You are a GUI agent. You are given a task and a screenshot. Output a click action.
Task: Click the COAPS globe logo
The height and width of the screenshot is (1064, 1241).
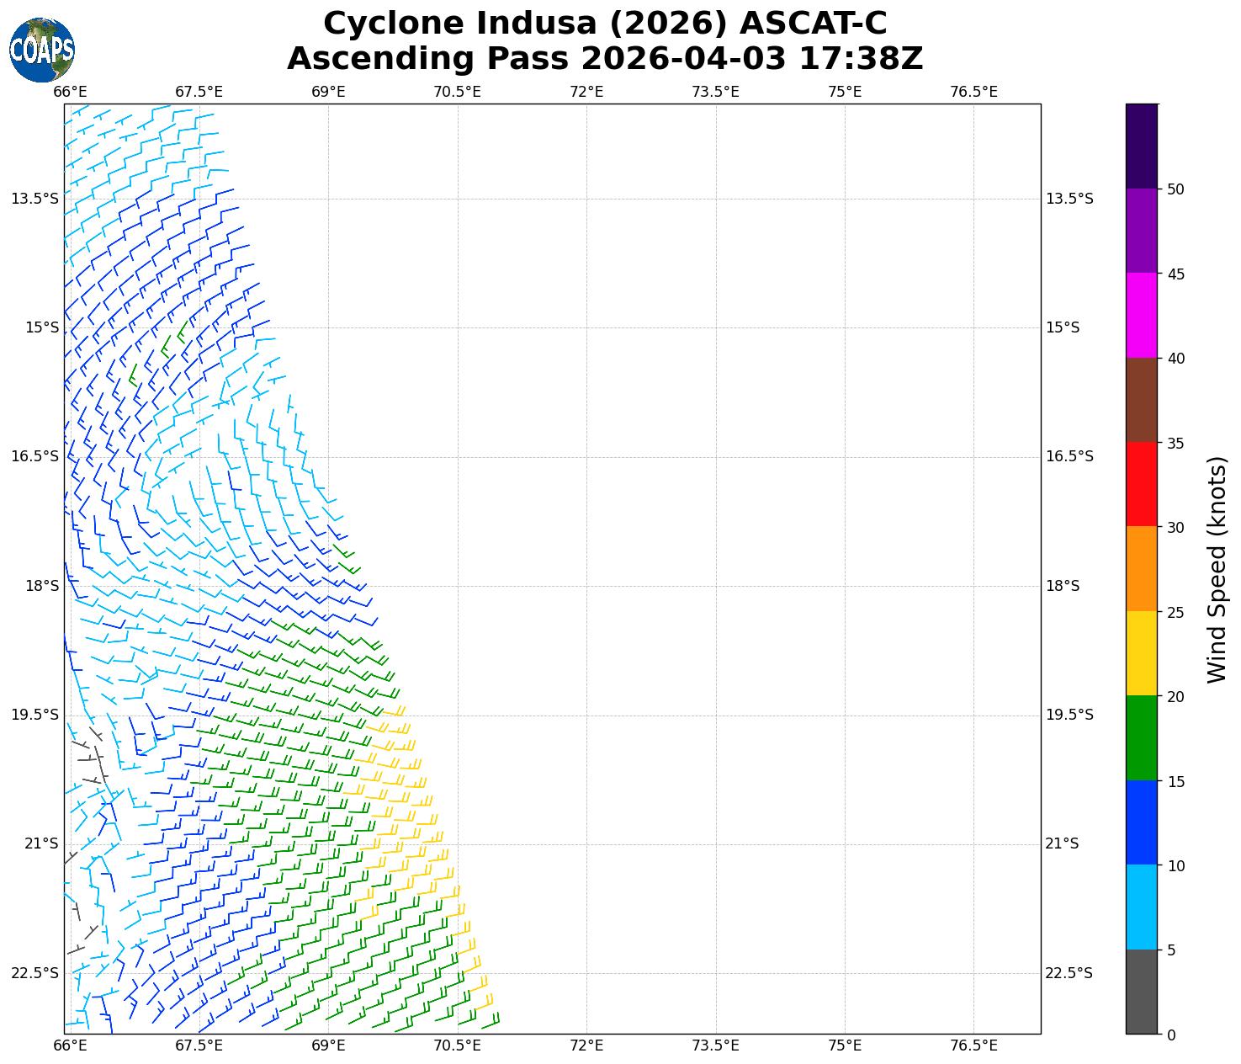[x=42, y=50]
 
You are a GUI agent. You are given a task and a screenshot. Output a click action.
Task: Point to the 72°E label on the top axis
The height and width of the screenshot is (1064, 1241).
[x=586, y=92]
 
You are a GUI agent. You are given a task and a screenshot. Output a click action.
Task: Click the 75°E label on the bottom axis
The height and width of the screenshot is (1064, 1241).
[x=845, y=1045]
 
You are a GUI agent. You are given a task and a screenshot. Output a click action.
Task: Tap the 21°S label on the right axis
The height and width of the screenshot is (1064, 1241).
[x=1062, y=843]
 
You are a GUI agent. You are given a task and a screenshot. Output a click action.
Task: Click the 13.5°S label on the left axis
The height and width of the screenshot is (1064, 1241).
[x=35, y=199]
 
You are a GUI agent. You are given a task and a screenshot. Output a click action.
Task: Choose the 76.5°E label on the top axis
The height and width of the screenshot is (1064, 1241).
[x=973, y=92]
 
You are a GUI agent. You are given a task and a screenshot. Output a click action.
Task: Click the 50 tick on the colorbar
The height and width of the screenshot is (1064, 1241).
[x=1175, y=189]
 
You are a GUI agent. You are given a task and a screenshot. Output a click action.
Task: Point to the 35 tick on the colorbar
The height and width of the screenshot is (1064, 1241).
[x=1175, y=444]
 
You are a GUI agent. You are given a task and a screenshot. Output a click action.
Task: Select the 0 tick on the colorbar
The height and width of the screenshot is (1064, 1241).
[x=1171, y=1035]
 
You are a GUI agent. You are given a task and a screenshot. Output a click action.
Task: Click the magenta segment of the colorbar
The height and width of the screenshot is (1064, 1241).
[x=1142, y=316]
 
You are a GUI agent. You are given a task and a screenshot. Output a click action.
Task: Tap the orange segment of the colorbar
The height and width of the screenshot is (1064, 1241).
[x=1142, y=569]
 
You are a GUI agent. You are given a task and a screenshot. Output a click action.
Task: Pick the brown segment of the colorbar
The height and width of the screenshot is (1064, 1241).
[x=1142, y=400]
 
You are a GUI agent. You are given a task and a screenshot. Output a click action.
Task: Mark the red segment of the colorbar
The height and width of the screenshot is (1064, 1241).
[x=1142, y=484]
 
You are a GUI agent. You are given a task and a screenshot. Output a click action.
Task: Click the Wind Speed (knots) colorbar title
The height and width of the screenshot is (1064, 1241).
[x=1217, y=569]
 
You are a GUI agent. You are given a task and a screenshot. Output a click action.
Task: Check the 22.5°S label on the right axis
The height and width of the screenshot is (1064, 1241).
[x=1069, y=973]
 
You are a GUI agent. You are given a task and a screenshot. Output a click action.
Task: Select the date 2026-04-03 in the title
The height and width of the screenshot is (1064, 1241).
[x=683, y=59]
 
